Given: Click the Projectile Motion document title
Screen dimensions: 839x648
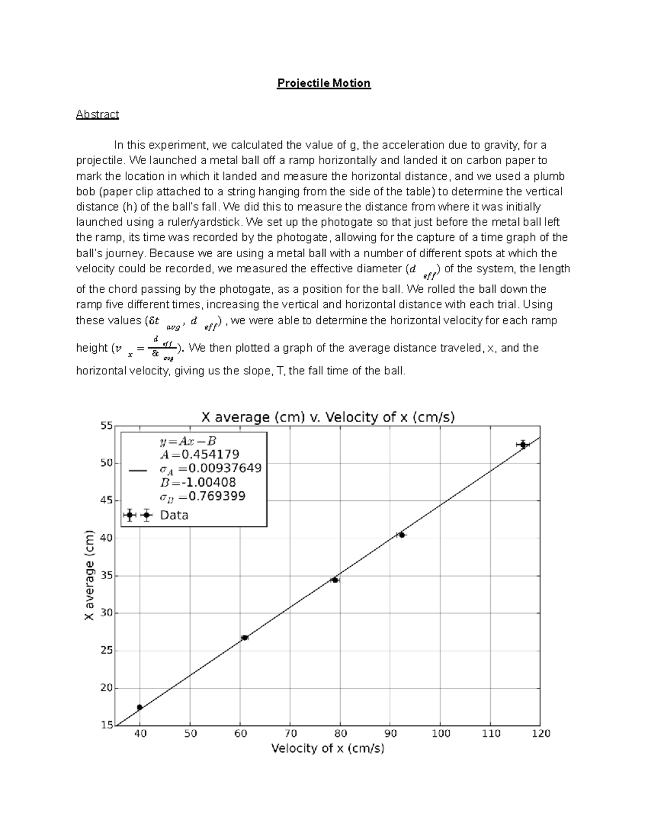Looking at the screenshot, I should (323, 83).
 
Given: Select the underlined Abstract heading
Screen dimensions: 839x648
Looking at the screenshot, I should (97, 114).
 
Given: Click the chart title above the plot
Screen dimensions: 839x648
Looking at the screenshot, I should (328, 417).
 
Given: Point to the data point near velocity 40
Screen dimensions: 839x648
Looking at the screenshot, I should (140, 707).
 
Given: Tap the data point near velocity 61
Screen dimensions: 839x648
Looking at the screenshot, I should (245, 637).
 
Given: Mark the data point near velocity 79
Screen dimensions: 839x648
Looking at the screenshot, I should (335, 580).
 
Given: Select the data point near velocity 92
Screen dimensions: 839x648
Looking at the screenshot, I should (401, 535).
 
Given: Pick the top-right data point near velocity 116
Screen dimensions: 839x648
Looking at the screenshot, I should (523, 445).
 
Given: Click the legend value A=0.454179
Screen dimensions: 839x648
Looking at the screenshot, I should (199, 454).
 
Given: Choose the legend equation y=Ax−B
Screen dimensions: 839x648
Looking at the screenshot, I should (187, 441).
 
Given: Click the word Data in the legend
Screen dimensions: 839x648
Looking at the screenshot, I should (174, 515).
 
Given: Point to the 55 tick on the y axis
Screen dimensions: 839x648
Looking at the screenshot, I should (106, 426).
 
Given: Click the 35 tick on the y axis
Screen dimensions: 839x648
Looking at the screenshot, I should (106, 576).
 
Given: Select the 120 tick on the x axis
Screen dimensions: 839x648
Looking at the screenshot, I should (541, 733).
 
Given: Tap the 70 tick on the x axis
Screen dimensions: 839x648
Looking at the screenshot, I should (290, 733).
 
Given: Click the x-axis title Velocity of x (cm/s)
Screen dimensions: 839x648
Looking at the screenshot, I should (327, 748).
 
